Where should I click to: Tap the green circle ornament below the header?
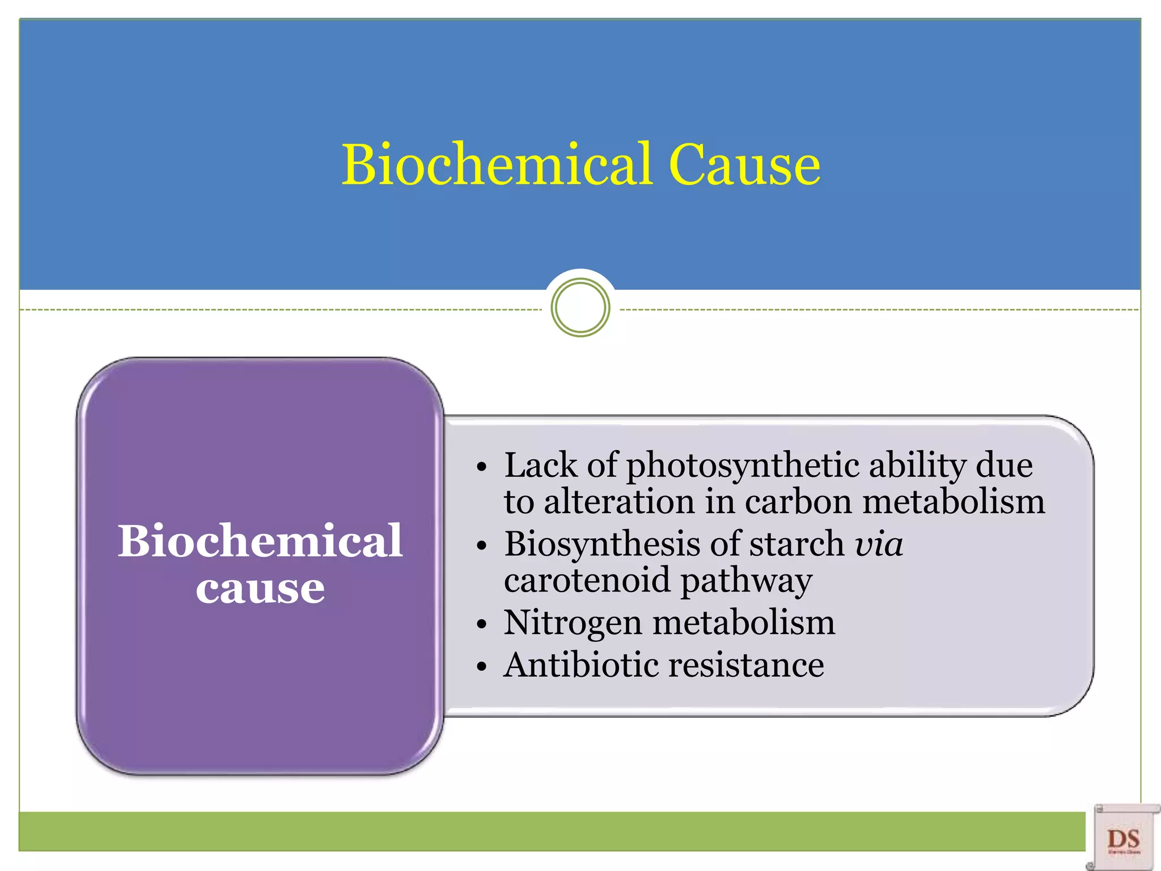point(580,308)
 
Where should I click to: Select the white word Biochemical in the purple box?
point(260,542)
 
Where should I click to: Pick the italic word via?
point(878,544)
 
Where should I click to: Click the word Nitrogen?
point(573,623)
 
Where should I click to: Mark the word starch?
point(796,544)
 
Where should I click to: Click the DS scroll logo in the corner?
point(1123,838)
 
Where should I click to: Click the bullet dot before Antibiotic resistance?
point(482,667)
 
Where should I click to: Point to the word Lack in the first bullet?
point(540,466)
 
